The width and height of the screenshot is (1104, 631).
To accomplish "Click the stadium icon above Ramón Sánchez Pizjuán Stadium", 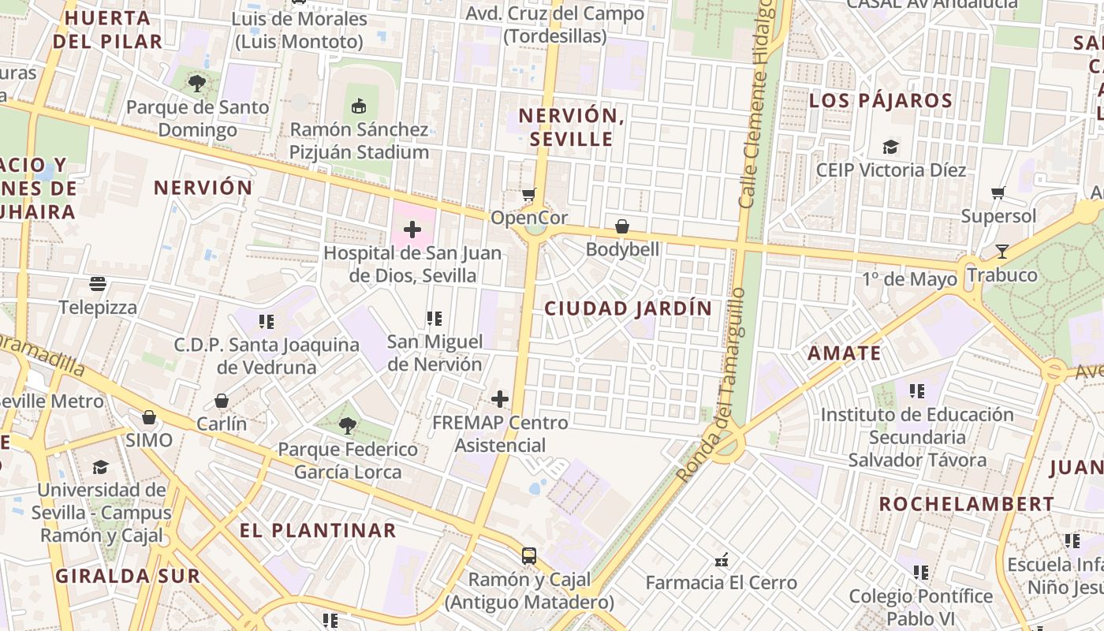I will (359, 105).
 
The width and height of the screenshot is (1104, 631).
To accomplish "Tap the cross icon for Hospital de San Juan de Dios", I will (412, 230).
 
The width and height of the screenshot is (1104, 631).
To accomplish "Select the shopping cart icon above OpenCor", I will (528, 194).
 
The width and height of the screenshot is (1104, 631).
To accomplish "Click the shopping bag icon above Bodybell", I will (622, 226).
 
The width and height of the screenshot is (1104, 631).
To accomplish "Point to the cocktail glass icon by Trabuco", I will (1001, 252).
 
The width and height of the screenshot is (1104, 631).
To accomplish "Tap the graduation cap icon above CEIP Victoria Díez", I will (890, 147).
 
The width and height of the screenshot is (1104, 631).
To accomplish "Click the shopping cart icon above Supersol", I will (998, 192).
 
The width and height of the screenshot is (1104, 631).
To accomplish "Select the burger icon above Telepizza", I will (98, 284).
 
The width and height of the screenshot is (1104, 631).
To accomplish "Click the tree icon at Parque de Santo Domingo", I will (197, 83).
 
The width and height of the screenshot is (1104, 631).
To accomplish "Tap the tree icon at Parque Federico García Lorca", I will (347, 426).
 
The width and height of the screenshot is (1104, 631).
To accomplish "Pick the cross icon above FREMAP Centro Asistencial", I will (499, 399).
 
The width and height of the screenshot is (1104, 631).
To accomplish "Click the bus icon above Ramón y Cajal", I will (528, 555).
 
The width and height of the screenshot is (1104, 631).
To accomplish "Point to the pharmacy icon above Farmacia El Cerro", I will (721, 560).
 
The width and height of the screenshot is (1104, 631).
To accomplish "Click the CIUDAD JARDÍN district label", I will (628, 308).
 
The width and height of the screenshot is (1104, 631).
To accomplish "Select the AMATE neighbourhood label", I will (844, 353).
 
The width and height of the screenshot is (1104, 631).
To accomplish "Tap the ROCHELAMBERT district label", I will (966, 504).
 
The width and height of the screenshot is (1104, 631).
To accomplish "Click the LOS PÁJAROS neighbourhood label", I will (880, 101).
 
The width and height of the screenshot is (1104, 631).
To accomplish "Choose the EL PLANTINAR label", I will (318, 530).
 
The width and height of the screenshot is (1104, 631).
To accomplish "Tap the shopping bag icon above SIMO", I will (148, 417).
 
